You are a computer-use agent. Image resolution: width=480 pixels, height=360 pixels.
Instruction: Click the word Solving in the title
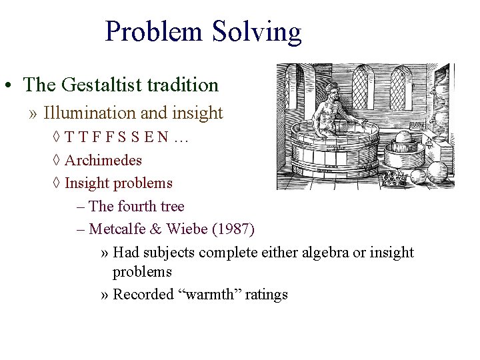click(x=257, y=32)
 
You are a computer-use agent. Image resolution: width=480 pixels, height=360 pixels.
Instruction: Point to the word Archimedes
click(x=103, y=161)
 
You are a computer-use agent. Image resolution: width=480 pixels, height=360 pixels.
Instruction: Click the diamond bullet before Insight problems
click(x=57, y=183)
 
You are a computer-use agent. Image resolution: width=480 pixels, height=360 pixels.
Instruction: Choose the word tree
click(x=172, y=207)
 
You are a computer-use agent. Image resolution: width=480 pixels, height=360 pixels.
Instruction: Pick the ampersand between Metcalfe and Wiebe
click(x=155, y=229)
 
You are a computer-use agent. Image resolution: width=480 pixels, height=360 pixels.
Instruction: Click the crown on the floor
click(x=398, y=178)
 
